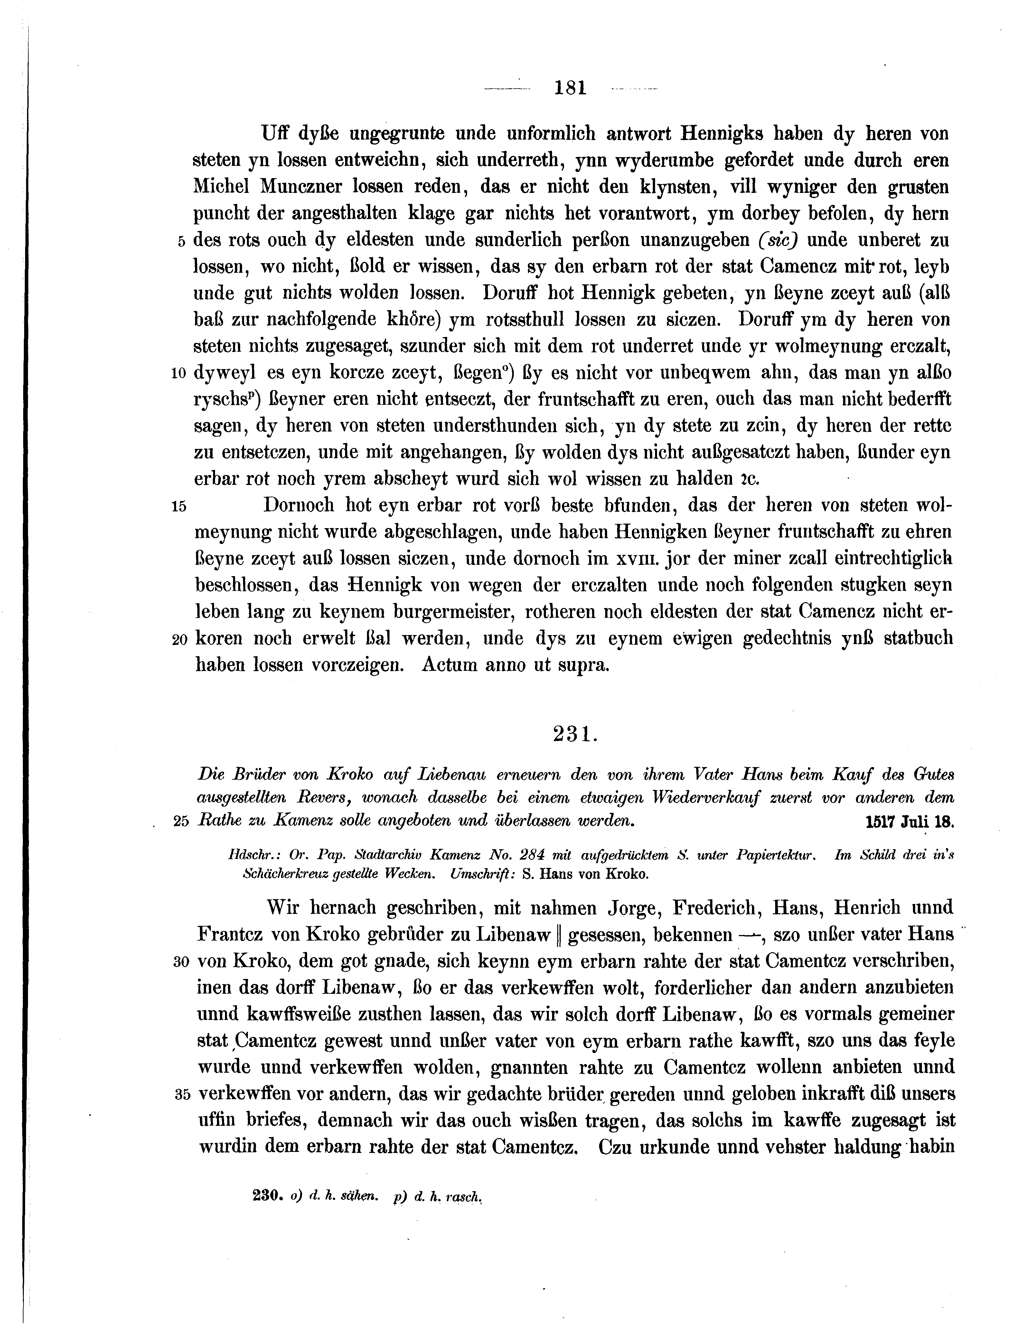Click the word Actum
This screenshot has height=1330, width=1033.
tap(450, 664)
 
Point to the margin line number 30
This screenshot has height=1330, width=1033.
tap(182, 962)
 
